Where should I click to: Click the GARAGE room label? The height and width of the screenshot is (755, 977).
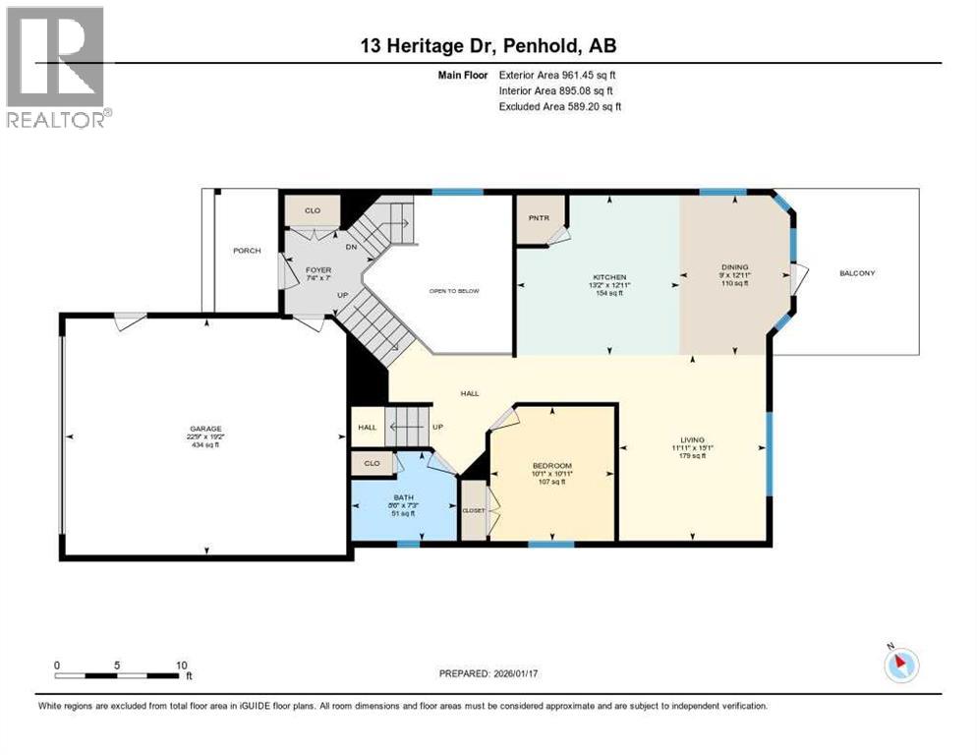coord(205,429)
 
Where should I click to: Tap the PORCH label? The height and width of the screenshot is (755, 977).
coord(247,251)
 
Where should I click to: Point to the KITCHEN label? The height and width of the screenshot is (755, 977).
coord(609,278)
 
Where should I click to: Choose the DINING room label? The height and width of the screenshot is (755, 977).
coord(734,267)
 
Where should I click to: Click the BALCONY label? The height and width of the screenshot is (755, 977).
coord(856,272)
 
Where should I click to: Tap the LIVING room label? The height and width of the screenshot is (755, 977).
coord(694,440)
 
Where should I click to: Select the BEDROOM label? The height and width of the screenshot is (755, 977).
coord(551,466)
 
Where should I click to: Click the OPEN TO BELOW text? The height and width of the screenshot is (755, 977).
coord(453,291)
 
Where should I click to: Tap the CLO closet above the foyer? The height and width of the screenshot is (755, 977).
coord(312,210)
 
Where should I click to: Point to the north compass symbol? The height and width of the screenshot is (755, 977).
coord(900,665)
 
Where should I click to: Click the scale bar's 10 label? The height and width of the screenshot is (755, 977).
coord(182,666)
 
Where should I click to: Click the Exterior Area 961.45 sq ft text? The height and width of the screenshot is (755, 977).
coord(557,74)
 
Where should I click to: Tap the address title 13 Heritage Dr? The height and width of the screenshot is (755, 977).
coord(488,45)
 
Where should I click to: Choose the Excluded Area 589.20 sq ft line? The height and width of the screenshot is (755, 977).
coord(560,106)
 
